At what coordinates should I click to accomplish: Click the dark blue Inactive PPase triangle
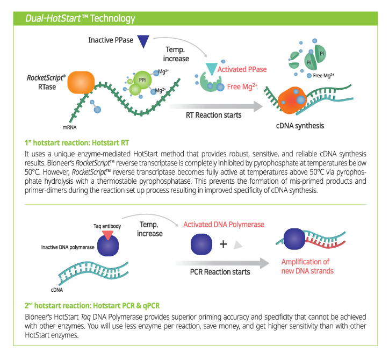(x=143, y=40)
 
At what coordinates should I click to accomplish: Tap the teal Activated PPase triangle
(x=212, y=68)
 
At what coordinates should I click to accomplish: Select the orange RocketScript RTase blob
(x=81, y=82)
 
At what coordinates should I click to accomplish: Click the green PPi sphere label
(x=142, y=80)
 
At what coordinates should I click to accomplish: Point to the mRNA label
(x=70, y=127)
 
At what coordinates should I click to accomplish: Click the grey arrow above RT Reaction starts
(x=216, y=106)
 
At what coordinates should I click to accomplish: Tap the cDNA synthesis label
(x=300, y=126)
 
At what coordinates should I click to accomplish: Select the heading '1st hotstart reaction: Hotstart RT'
(x=77, y=143)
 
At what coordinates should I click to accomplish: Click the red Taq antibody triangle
(x=107, y=235)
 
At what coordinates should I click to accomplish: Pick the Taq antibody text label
(x=107, y=226)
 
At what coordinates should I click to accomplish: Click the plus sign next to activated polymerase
(x=224, y=244)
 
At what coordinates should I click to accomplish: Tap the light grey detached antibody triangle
(x=237, y=244)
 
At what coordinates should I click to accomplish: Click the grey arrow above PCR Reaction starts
(x=222, y=263)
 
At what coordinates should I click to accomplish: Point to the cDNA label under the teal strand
(x=57, y=290)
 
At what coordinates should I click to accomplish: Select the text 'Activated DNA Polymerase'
(x=224, y=225)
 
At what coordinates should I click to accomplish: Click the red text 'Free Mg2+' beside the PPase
(x=242, y=87)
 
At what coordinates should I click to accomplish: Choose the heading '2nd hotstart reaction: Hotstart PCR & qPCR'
(x=92, y=306)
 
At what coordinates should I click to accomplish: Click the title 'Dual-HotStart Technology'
(x=80, y=18)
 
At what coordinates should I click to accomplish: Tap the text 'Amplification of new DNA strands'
(x=307, y=266)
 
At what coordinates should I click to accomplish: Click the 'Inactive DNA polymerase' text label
(x=68, y=247)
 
